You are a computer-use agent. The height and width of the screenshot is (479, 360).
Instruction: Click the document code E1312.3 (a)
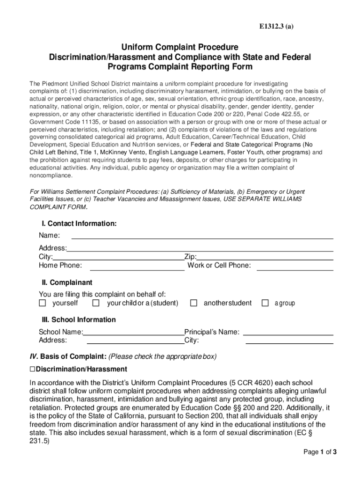[276, 27]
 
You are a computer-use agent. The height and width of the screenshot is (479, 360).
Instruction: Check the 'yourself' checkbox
[43, 303]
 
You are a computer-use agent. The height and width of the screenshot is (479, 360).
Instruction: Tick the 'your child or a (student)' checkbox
[96, 303]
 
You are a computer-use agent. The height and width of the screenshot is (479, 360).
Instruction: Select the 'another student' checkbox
[194, 303]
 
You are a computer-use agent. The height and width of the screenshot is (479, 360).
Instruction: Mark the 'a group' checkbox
[265, 303]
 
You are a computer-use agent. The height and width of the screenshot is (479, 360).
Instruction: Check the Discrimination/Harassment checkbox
[32, 370]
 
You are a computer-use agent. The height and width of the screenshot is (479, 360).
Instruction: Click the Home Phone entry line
[137, 269]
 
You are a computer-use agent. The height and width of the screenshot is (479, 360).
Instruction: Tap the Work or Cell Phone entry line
[295, 269]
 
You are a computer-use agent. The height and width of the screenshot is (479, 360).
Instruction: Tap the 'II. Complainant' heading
[67, 283]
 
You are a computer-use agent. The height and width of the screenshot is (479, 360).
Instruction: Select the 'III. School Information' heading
[79, 320]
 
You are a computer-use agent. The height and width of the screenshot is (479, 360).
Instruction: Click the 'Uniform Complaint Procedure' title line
[180, 47]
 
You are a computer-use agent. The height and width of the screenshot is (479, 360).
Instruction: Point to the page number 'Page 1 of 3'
[320, 452]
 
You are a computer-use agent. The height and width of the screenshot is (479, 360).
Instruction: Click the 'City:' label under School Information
[192, 340]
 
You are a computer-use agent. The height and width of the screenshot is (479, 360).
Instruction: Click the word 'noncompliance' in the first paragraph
[51, 175]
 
